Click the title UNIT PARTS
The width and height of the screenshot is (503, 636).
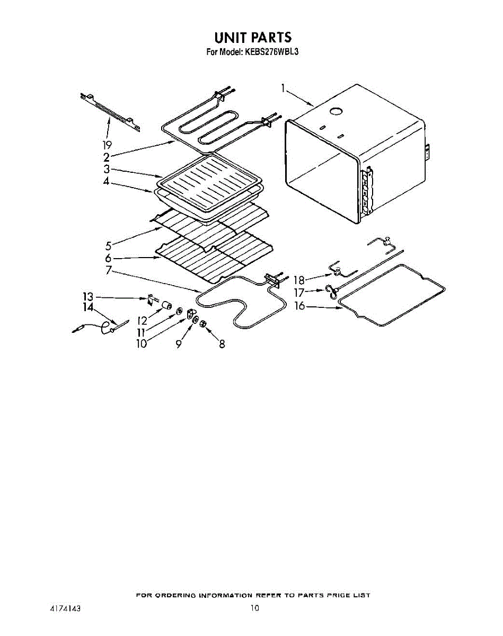(x=252, y=38)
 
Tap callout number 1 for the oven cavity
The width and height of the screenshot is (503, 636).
(x=284, y=89)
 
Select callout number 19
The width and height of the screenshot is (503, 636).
(x=107, y=145)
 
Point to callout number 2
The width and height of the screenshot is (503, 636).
(x=107, y=157)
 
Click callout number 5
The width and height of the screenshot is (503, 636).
(x=108, y=245)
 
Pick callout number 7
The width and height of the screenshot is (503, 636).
(x=108, y=270)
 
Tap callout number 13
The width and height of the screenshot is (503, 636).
(x=87, y=297)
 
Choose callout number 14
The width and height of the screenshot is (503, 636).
(x=87, y=307)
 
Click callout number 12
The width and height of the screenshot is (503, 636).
(x=142, y=320)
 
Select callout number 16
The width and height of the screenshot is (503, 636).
(x=300, y=306)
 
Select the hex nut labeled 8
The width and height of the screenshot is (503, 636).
(x=204, y=324)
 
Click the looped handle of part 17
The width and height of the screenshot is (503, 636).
(x=330, y=290)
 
